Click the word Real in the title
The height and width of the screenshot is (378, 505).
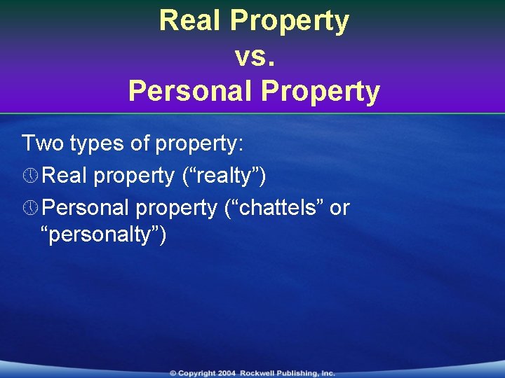coord(189,21)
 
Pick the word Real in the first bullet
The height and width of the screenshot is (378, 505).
coord(65,176)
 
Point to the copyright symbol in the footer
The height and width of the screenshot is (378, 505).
coord(173,373)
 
